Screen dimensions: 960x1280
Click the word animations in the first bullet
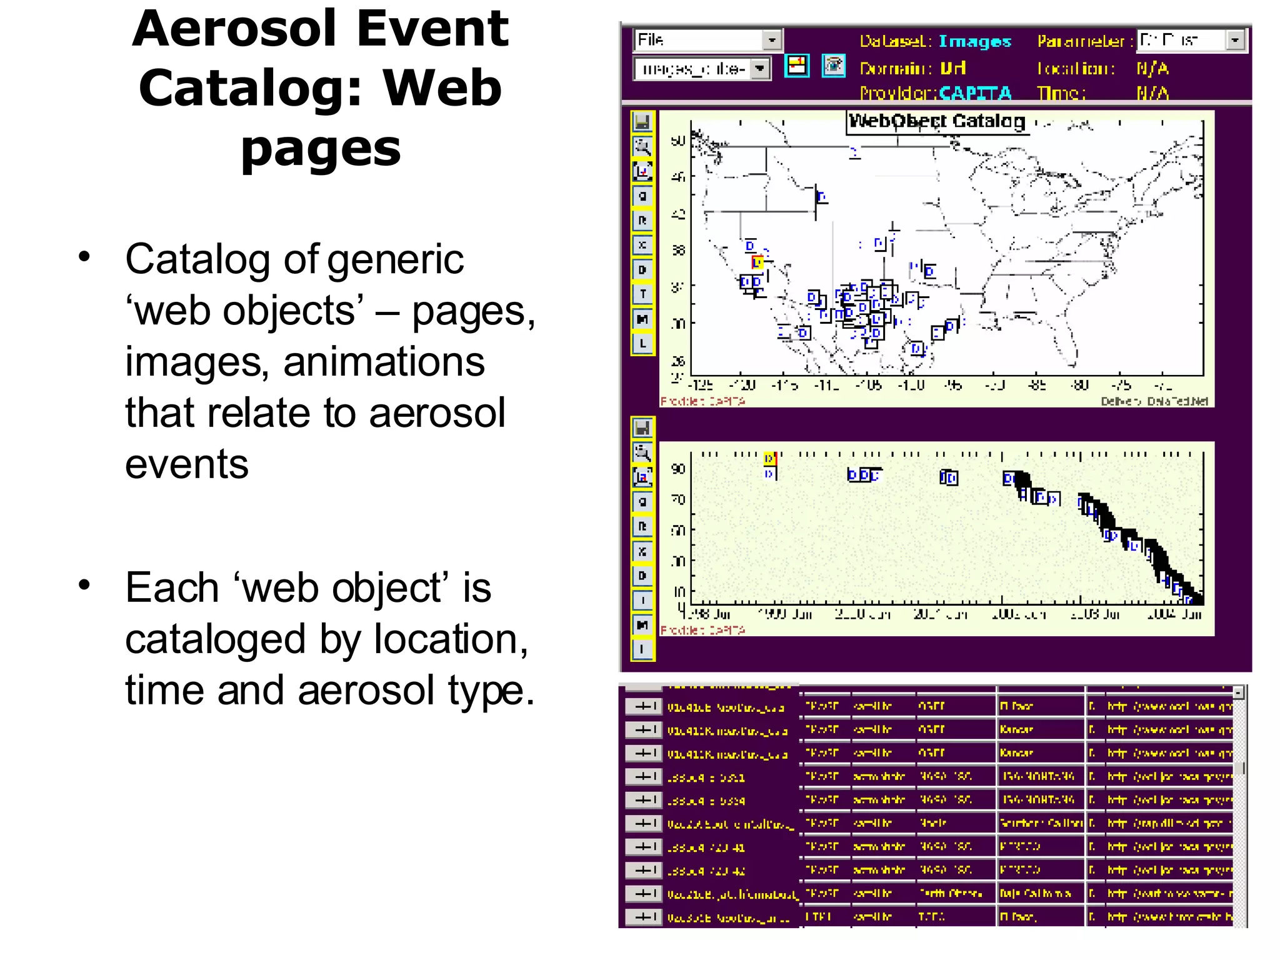coord(384,362)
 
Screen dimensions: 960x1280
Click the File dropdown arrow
coord(772,40)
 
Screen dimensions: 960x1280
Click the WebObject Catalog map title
coord(936,121)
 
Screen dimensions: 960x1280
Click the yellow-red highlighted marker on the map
coord(757,262)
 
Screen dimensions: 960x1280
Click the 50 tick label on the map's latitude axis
coord(678,141)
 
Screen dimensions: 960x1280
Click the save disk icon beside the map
coord(642,122)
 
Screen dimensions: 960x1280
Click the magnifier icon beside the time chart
coord(642,452)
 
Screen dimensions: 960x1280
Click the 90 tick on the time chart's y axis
coord(678,469)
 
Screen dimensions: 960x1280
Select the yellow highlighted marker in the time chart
coord(769,459)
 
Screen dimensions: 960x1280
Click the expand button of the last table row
coord(643,917)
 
